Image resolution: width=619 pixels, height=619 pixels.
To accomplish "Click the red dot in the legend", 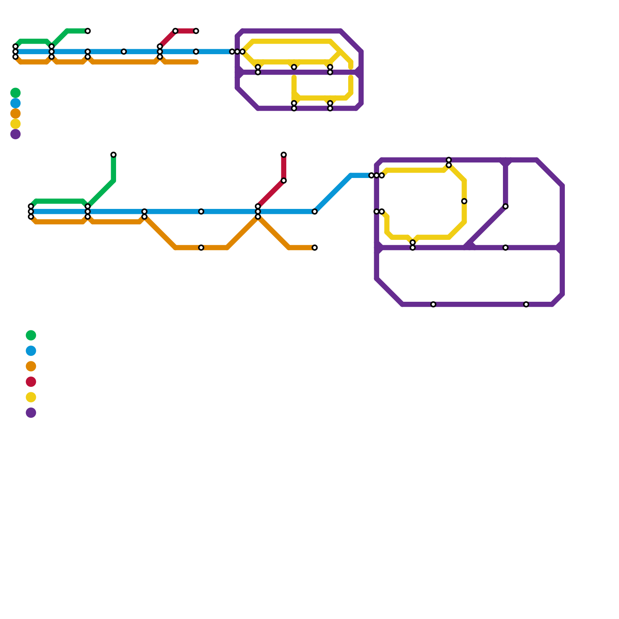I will point(31,382).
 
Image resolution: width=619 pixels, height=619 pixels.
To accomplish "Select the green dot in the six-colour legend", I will point(31,335).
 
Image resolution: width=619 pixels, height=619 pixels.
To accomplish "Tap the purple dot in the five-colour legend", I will point(15,134).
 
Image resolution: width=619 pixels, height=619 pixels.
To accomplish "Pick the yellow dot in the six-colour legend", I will point(31,397).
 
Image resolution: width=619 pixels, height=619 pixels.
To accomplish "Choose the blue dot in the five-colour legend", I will point(15,103).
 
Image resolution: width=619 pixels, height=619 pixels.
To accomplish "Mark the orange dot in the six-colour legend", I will point(31,366).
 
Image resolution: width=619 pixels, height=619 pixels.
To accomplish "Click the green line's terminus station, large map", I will point(113,155).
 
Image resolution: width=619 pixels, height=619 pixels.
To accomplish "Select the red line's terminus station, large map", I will point(284,155).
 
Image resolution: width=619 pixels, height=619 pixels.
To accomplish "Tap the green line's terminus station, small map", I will point(88,31).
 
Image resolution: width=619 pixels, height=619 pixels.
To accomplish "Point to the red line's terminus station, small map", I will point(196,31).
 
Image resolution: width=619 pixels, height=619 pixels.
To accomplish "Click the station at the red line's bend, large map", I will point(284,181).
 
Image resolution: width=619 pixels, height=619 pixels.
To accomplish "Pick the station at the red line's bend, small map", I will point(175,31).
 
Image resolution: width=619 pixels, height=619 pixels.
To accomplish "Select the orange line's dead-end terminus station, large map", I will point(315,248).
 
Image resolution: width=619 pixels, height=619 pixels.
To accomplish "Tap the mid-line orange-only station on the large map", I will point(201,248).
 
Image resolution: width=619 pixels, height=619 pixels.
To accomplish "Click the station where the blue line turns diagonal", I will point(315,212).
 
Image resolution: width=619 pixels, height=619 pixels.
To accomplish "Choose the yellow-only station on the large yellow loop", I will point(464,201).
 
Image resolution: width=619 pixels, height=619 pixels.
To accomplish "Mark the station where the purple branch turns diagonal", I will point(506,207).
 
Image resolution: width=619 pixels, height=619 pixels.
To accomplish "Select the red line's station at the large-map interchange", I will point(258,207).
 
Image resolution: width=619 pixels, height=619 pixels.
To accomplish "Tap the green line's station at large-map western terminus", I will point(31,207).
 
